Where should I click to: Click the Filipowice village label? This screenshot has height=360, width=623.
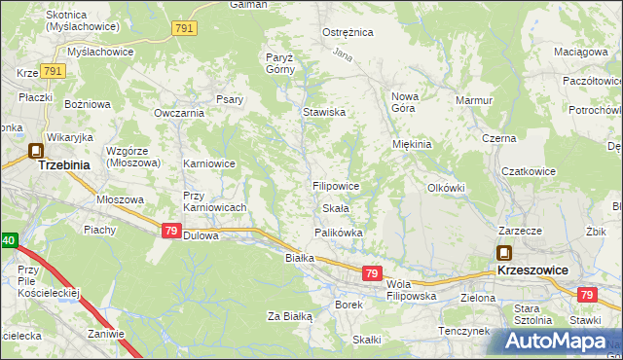coord(337,186)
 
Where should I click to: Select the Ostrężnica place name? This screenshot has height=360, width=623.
coord(348,32)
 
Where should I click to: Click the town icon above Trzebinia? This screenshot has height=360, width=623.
coord(36,151)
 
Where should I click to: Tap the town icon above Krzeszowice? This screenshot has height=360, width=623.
coord(503,252)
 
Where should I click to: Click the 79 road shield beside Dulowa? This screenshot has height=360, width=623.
coord(169,231)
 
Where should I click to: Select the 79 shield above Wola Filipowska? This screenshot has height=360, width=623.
coord(371,274)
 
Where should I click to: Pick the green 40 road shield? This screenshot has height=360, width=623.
coord(8,239)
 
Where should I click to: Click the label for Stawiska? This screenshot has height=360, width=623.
coord(324,113)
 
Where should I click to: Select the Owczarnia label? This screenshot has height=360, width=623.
coord(178,113)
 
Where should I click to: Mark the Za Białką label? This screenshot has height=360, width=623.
coord(289,316)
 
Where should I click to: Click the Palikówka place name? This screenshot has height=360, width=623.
coord(339,234)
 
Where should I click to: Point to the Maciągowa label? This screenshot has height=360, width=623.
coord(578,52)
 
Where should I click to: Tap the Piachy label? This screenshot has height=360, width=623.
coord(100,230)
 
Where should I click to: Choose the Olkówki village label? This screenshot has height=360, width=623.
coord(447,188)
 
